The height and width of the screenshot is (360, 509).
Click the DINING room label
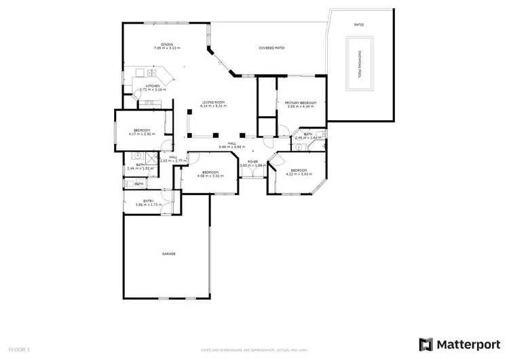[x=157, y=44]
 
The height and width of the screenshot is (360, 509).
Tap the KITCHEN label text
[x=153, y=86]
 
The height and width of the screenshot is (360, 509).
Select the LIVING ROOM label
[x=212, y=102]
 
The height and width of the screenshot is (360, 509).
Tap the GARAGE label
[x=168, y=253]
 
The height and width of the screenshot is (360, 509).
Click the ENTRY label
[x=148, y=200]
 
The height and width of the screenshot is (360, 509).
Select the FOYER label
[x=252, y=162]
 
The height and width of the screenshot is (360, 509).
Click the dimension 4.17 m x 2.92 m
[x=142, y=134]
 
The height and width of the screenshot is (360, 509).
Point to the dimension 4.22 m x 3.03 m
[x=299, y=174]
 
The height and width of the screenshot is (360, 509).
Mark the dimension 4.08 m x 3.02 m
[x=210, y=175]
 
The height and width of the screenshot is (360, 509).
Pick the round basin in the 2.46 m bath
[x=136, y=155]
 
